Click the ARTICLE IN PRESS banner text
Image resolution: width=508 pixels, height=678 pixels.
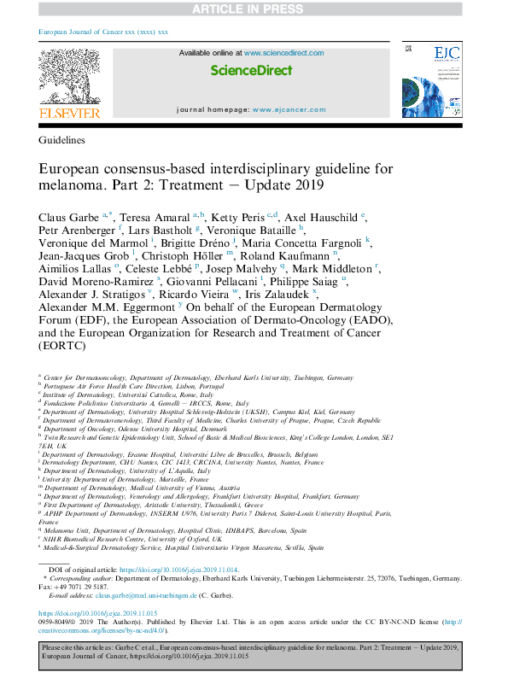click(x=254, y=9)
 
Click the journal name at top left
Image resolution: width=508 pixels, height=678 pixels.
click(x=103, y=32)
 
